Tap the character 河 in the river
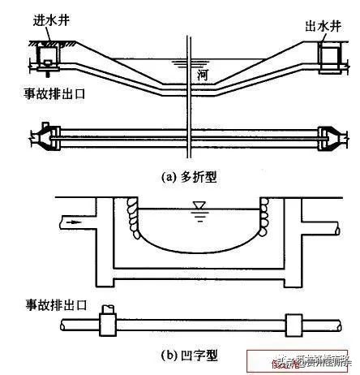tap(204, 75)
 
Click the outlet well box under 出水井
tap(328, 55)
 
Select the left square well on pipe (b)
tap(106, 325)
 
